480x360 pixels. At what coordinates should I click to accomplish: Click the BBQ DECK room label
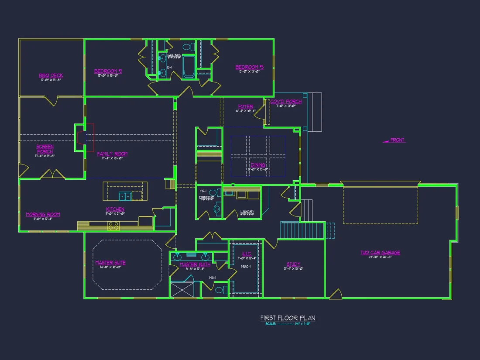click(51, 75)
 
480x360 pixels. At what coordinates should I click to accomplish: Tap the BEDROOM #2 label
click(108, 71)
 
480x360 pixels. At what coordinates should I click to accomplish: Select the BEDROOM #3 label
click(250, 67)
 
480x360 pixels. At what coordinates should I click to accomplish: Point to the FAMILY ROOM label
click(112, 154)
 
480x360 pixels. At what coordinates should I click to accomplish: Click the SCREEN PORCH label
click(45, 149)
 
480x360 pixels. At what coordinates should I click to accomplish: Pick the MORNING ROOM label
click(43, 214)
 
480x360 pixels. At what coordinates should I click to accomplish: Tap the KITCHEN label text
click(115, 209)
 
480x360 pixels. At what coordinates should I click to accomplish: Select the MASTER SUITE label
click(110, 263)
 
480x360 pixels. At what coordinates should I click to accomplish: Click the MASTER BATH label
click(195, 264)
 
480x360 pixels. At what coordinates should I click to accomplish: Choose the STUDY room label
click(293, 264)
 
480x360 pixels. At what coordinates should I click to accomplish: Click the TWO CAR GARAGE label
click(380, 253)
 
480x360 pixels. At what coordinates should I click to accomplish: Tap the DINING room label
click(258, 165)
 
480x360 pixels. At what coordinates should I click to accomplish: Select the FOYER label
click(246, 106)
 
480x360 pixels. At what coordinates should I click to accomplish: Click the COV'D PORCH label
click(286, 102)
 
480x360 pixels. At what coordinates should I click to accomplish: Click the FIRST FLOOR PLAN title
click(288, 318)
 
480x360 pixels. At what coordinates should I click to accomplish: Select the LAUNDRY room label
click(247, 213)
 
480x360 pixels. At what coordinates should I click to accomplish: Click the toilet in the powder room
click(217, 210)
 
